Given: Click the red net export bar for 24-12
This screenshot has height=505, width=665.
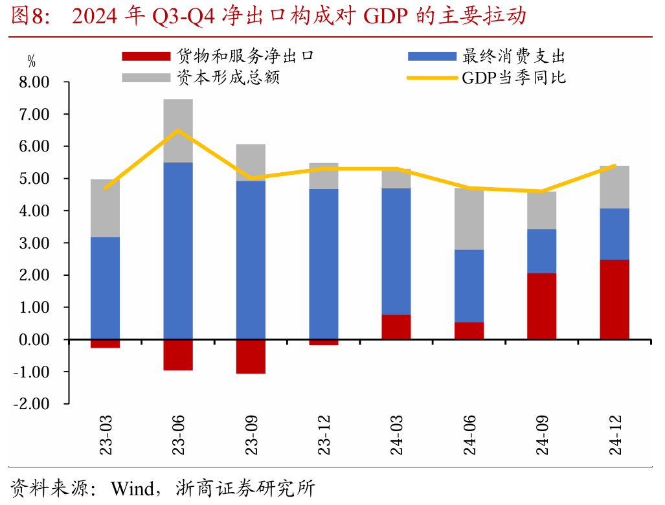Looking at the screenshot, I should [x=614, y=299].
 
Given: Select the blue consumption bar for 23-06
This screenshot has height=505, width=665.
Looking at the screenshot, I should [x=178, y=251].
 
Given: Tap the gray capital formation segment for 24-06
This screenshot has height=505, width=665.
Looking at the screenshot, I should [x=469, y=219].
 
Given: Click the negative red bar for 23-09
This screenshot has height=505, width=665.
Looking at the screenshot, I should [x=251, y=357].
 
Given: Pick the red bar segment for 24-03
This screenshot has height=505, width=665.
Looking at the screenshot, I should [x=396, y=327].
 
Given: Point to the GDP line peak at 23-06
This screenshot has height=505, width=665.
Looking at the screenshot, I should [x=178, y=130].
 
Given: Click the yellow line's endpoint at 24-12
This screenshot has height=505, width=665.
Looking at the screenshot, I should [x=614, y=166].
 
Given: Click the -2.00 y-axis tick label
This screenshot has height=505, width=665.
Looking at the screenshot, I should [x=32, y=404].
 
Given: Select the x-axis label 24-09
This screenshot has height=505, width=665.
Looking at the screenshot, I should [x=542, y=437].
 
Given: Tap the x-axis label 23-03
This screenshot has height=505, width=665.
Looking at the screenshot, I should [x=106, y=437].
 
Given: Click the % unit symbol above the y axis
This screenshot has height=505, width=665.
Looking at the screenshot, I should [x=31, y=63].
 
